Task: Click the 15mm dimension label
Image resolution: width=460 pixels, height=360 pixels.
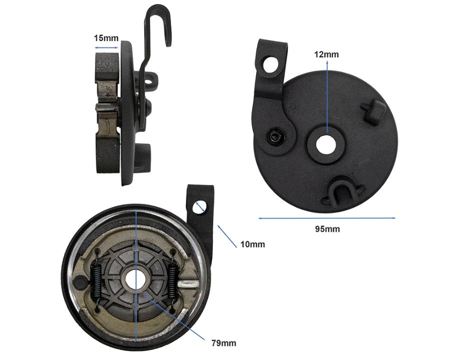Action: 106,38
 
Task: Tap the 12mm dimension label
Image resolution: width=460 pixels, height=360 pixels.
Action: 326,54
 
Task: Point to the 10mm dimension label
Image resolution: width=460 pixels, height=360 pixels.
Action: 252,244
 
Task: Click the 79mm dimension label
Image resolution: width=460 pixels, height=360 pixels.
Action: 223,342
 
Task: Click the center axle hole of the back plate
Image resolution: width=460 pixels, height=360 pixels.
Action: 326,145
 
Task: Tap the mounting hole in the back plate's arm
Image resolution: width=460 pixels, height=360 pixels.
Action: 270,65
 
